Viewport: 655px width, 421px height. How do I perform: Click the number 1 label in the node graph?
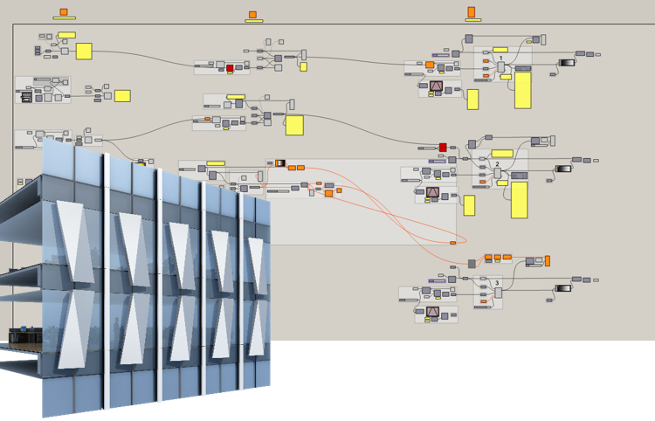pyautogui.click(x=502, y=59)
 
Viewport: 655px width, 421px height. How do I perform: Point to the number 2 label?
pyautogui.click(x=497, y=164)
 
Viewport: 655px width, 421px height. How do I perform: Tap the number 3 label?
pyautogui.click(x=497, y=283)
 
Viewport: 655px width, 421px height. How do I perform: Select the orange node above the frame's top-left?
pyautogui.click(x=63, y=12)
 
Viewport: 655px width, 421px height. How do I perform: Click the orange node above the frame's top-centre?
pyautogui.click(x=252, y=14)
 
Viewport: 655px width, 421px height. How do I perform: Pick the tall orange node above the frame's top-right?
pyautogui.click(x=472, y=11)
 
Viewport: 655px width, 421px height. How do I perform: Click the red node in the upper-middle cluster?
pyautogui.click(x=231, y=68)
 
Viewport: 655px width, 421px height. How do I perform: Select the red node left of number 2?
pyautogui.click(x=443, y=148)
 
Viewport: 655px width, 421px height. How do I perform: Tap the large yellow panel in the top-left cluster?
pyautogui.click(x=84, y=51)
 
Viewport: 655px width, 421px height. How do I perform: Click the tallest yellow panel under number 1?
pyautogui.click(x=522, y=90)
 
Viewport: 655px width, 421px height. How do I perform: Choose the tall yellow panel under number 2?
pyautogui.click(x=519, y=199)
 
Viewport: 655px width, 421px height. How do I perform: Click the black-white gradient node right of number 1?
pyautogui.click(x=565, y=62)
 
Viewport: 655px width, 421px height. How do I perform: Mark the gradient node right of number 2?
pyautogui.click(x=563, y=169)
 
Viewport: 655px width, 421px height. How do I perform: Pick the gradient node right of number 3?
pyautogui.click(x=563, y=287)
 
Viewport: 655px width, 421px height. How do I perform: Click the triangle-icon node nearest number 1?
pyautogui.click(x=436, y=86)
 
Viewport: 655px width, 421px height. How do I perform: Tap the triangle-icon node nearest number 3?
pyautogui.click(x=433, y=311)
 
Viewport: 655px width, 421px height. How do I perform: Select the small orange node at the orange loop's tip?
pyautogui.click(x=452, y=242)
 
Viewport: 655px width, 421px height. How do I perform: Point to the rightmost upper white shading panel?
pyautogui.click(x=257, y=259)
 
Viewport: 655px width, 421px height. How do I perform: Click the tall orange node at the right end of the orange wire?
pyautogui.click(x=548, y=260)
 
